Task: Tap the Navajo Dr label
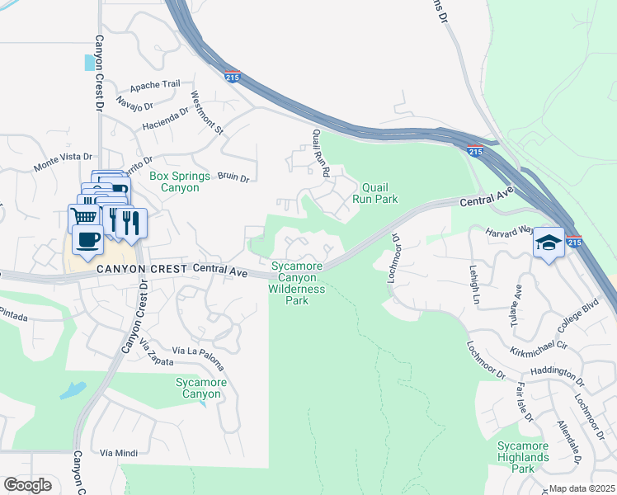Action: [136, 105]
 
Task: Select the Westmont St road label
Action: [207, 112]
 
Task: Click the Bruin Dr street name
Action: [233, 176]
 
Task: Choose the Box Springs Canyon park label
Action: [174, 181]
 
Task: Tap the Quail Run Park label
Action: [375, 193]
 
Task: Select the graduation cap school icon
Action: [548, 243]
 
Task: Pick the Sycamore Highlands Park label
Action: [523, 457]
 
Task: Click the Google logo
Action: [27, 484]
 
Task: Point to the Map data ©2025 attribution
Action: [582, 488]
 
